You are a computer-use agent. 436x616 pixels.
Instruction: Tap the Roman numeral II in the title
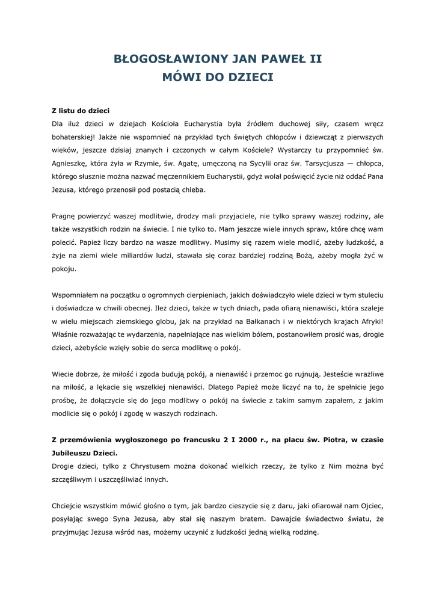(x=314, y=59)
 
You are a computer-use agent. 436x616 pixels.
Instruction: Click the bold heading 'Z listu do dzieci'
(x=80, y=111)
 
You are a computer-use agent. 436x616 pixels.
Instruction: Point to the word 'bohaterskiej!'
(x=73, y=137)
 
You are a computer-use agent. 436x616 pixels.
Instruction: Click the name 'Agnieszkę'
(x=71, y=164)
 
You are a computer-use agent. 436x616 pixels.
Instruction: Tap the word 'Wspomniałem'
(x=76, y=295)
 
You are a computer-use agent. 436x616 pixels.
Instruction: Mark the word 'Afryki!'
(x=369, y=322)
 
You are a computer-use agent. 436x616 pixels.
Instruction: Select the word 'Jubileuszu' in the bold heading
(x=73, y=453)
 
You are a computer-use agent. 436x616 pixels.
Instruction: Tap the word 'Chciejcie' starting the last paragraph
(x=69, y=506)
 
